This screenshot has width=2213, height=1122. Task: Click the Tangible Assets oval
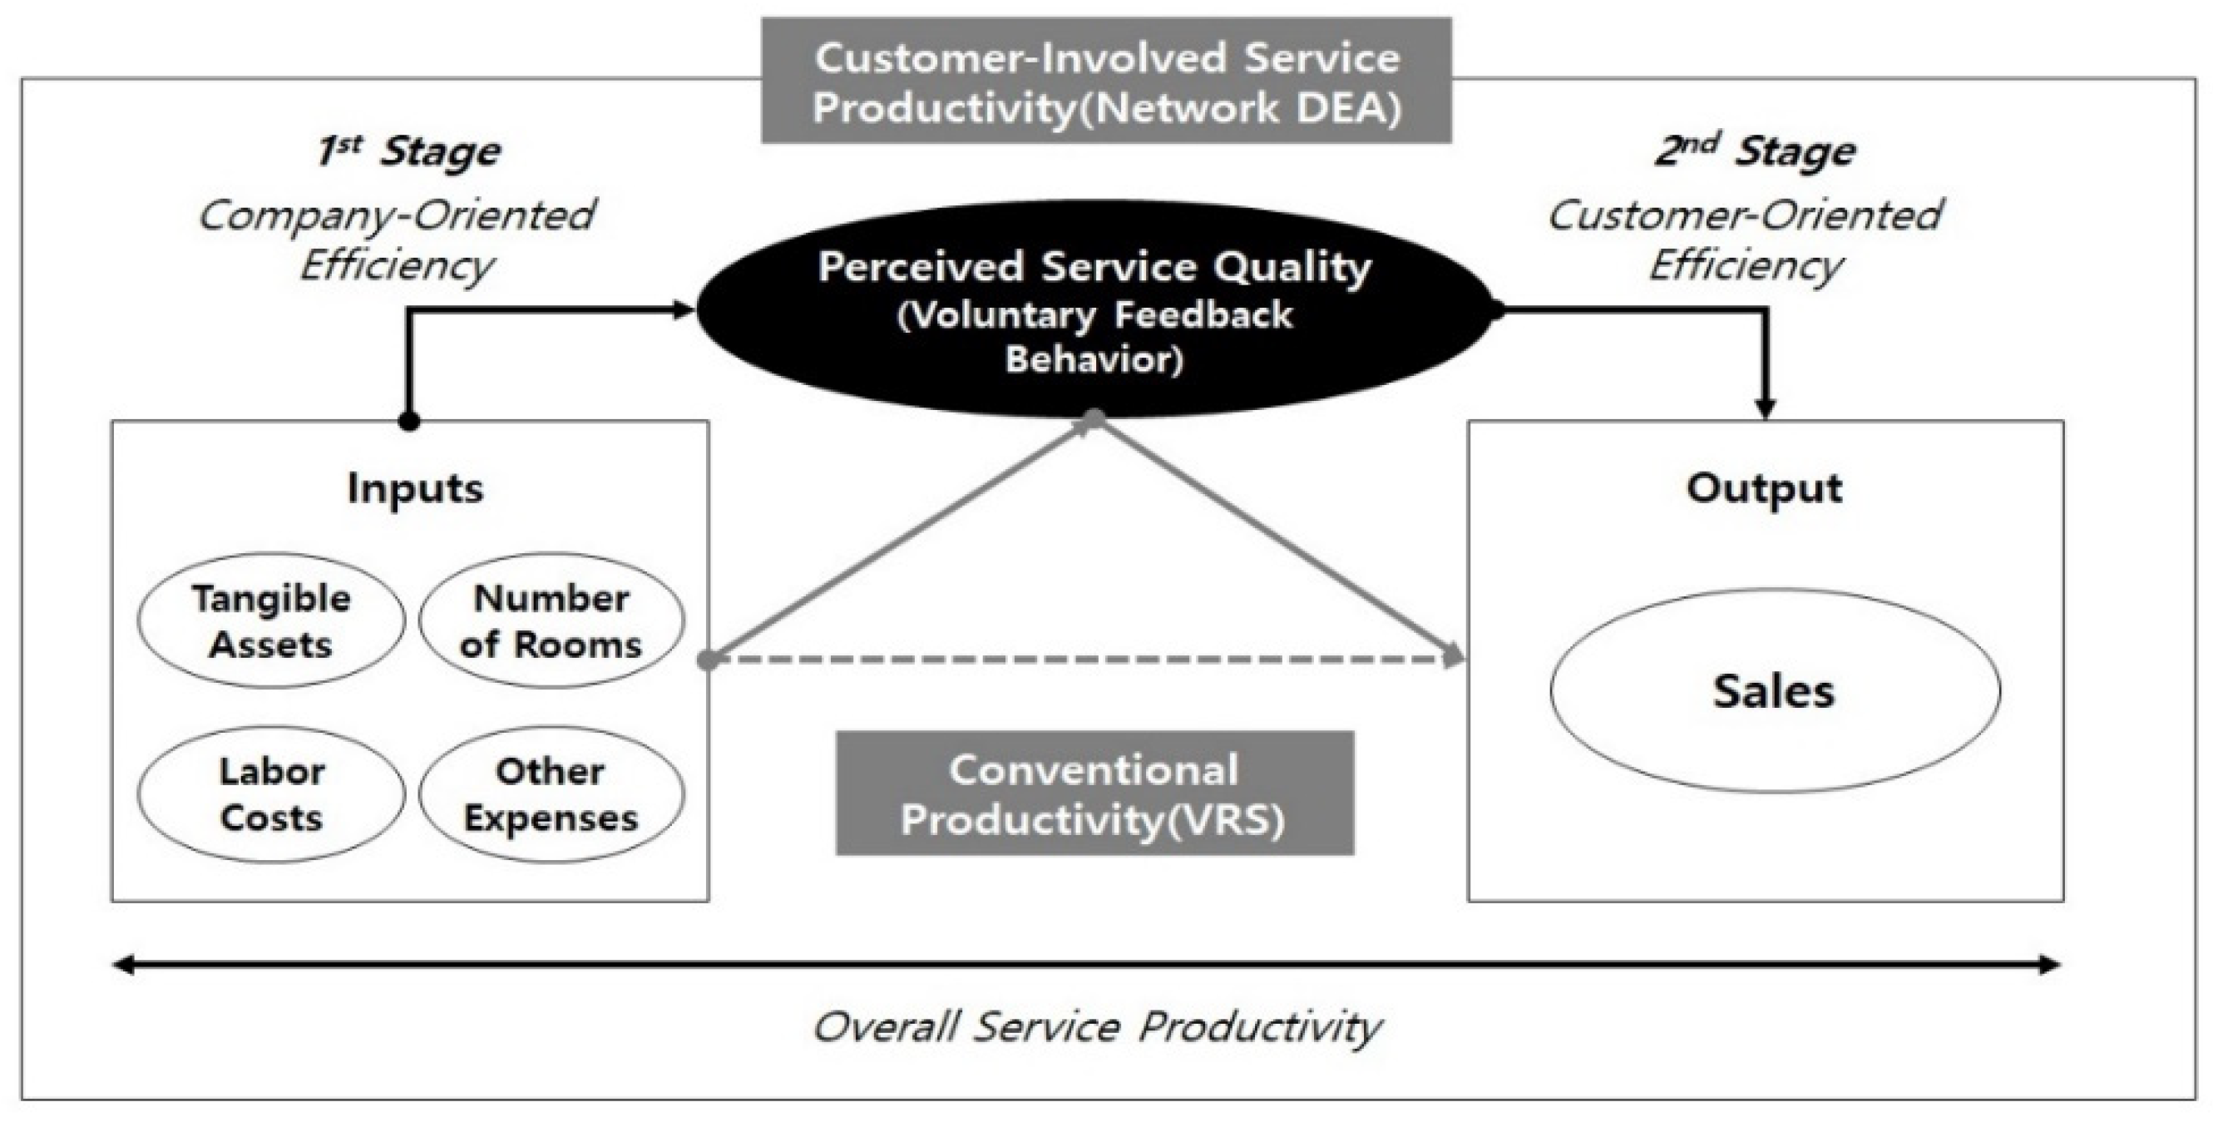270,620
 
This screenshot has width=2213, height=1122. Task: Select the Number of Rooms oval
551,620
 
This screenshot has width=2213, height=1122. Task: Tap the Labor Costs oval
270,793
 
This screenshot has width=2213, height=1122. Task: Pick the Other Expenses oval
551,793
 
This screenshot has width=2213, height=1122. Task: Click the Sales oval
1775,690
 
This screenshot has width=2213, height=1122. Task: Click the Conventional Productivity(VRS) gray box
1094,793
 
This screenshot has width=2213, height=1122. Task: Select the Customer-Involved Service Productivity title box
1106,82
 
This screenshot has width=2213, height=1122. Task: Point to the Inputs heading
415,488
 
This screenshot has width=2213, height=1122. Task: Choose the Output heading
1765,488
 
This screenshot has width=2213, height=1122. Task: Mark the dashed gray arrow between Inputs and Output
1083,660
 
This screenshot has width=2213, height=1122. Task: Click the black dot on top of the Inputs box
410,422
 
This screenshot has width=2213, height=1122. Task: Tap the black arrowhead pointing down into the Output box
1766,408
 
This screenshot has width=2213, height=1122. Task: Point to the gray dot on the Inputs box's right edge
707,660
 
